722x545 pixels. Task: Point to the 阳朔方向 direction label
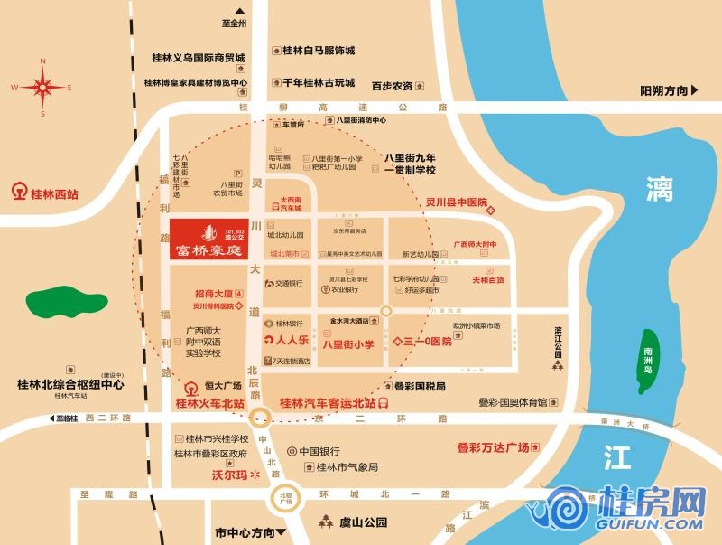(x=663, y=90)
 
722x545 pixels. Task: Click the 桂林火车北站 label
(x=209, y=404)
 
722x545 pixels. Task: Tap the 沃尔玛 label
(x=229, y=474)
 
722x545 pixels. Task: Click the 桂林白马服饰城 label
(x=319, y=51)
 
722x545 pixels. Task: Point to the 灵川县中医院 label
(x=457, y=202)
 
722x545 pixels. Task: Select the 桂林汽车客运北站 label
(x=330, y=403)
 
